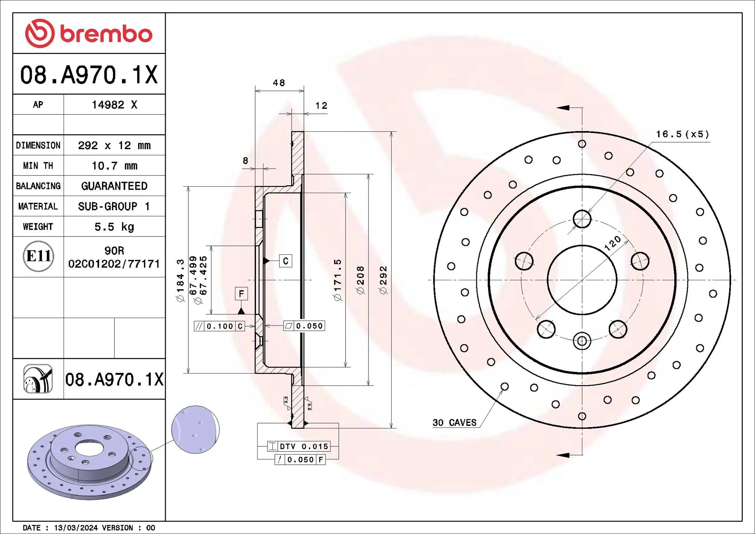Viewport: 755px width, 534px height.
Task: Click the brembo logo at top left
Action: pyautogui.click(x=89, y=33)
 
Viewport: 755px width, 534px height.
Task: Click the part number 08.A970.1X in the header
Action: pyautogui.click(x=89, y=75)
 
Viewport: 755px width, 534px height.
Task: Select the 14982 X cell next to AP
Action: pyautogui.click(x=114, y=104)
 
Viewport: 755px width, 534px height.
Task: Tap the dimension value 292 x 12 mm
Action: pyautogui.click(x=114, y=145)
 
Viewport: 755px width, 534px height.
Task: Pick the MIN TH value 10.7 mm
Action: pyautogui.click(x=114, y=166)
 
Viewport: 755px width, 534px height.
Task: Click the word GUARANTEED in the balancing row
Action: pyautogui.click(x=114, y=186)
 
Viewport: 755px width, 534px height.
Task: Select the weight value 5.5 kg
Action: pyautogui.click(x=114, y=227)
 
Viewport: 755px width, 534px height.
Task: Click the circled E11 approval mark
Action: pyautogui.click(x=38, y=256)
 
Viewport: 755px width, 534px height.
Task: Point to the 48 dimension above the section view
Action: pyautogui.click(x=279, y=83)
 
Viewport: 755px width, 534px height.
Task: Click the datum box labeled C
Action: pyautogui.click(x=286, y=261)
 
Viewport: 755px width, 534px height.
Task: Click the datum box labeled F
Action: pyautogui.click(x=241, y=294)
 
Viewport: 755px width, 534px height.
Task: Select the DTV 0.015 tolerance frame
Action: pyautogui.click(x=299, y=446)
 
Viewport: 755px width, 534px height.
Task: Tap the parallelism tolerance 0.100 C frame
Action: pyautogui.click(x=219, y=326)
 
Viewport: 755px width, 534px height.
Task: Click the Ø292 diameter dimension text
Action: pyautogui.click(x=383, y=280)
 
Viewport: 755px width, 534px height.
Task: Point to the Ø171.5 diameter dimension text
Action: pyautogui.click(x=337, y=280)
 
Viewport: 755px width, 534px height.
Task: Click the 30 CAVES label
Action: pyautogui.click(x=454, y=423)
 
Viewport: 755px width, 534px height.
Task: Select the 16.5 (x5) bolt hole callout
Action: pyautogui.click(x=683, y=134)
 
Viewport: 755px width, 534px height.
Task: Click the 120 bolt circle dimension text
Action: pyautogui.click(x=612, y=243)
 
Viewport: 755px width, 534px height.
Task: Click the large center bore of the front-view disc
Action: pyautogui.click(x=582, y=280)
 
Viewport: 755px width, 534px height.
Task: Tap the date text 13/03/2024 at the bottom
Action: pyautogui.click(x=76, y=528)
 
